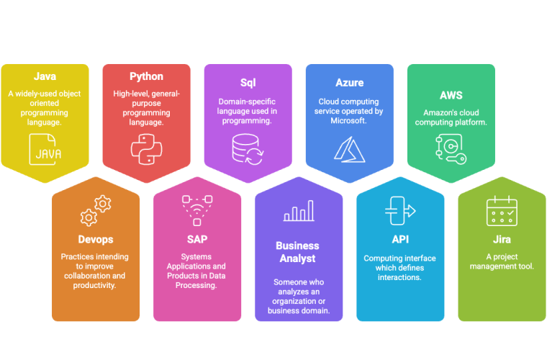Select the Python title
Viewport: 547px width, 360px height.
pos(146,76)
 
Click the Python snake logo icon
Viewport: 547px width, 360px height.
pos(146,148)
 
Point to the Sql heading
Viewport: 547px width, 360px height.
pos(248,83)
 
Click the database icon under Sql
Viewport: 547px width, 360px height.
pos(248,148)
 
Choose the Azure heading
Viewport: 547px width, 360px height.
pos(350,83)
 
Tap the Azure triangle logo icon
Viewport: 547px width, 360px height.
pos(349,148)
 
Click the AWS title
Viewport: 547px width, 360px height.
pos(451,94)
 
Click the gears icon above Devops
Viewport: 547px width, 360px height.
pos(96,210)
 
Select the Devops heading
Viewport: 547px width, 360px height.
pos(96,239)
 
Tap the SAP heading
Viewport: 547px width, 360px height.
pos(197,239)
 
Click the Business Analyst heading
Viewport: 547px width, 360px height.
pos(299,252)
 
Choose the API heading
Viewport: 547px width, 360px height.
pos(400,239)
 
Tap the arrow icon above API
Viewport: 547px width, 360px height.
pos(400,210)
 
